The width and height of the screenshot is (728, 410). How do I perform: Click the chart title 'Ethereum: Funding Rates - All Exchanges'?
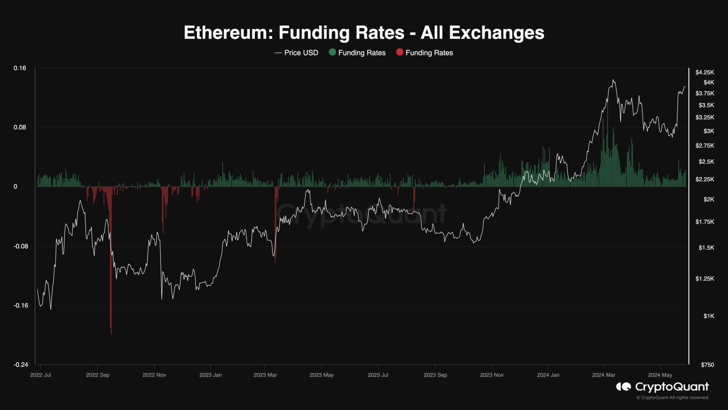pyautogui.click(x=364, y=33)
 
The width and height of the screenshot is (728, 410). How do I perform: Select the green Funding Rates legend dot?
pyautogui.click(x=332, y=52)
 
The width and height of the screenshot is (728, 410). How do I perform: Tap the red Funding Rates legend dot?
pyautogui.click(x=400, y=52)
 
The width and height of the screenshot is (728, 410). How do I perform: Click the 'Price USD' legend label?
pyautogui.click(x=301, y=53)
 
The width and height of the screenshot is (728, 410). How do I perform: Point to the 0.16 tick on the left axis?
pyautogui.click(x=20, y=68)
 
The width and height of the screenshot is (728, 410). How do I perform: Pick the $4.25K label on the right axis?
pyautogui.click(x=704, y=72)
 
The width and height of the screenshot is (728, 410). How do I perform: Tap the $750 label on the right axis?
pyautogui.click(x=707, y=365)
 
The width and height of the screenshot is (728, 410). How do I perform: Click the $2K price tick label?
pyautogui.click(x=708, y=199)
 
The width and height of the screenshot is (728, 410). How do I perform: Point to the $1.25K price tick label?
pyautogui.click(x=704, y=278)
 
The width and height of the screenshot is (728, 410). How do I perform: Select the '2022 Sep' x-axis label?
pyautogui.click(x=98, y=375)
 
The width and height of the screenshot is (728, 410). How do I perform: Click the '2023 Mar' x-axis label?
pyautogui.click(x=265, y=375)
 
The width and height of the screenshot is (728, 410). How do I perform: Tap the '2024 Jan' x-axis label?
pyautogui.click(x=548, y=375)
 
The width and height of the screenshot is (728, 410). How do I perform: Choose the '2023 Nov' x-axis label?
pyautogui.click(x=492, y=375)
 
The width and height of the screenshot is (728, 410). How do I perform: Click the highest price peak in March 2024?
pyautogui.click(x=613, y=80)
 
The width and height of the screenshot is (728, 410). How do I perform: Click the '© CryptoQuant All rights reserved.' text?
pyautogui.click(x=673, y=397)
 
